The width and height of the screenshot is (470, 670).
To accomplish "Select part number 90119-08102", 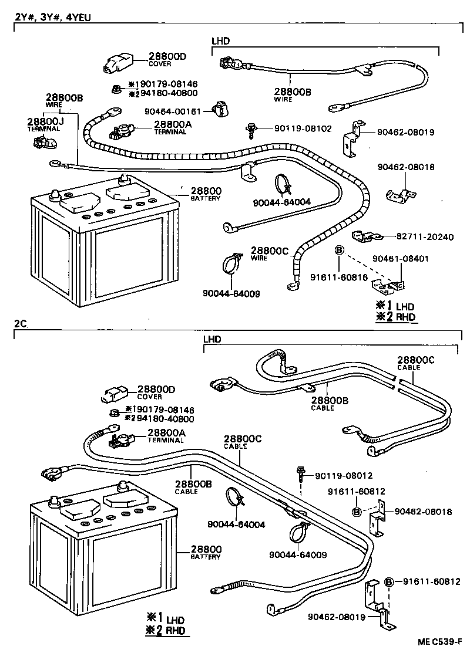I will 295,128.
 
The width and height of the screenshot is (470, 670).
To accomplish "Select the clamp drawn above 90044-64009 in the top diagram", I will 231,264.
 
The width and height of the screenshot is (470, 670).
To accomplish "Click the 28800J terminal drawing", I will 42,143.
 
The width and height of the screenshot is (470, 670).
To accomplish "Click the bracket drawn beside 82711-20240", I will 364,236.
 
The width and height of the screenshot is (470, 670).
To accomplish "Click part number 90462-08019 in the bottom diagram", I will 335,617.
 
